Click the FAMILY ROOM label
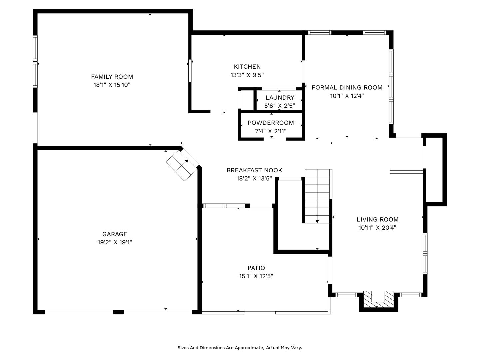pyautogui.click(x=112, y=77)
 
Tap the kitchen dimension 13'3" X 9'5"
pyautogui.click(x=247, y=75)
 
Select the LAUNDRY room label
pyautogui.click(x=280, y=98)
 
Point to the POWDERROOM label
pyautogui.click(x=271, y=123)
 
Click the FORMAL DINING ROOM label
pyautogui.click(x=347, y=88)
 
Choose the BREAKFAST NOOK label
pyautogui.click(x=254, y=170)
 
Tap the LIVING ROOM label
pyautogui.click(x=377, y=219)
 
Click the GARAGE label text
pyautogui.click(x=115, y=234)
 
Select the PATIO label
pyautogui.click(x=256, y=268)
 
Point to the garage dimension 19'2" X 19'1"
pyautogui.click(x=115, y=242)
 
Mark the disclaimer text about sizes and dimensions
pyautogui.click(x=240, y=348)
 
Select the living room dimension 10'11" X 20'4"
pyautogui.click(x=377, y=228)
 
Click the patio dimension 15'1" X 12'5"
pyautogui.click(x=256, y=276)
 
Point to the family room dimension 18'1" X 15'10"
pyautogui.click(x=112, y=85)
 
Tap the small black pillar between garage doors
pyautogui.click(x=118, y=312)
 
